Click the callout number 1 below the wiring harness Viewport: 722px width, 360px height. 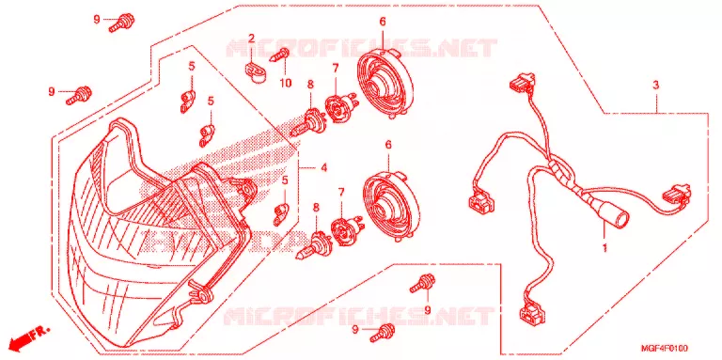[x=604, y=248]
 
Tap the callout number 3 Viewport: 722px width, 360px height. [x=655, y=86]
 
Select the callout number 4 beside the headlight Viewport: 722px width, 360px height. [x=324, y=168]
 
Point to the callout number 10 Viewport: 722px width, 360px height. [x=286, y=84]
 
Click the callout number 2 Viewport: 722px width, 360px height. [x=251, y=39]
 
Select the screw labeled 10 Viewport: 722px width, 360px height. [x=280, y=55]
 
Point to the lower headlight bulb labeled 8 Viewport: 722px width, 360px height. [x=315, y=246]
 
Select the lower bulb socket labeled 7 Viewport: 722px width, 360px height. [x=346, y=229]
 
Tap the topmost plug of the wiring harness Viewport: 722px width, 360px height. [x=522, y=81]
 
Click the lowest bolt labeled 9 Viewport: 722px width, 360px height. [x=383, y=333]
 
